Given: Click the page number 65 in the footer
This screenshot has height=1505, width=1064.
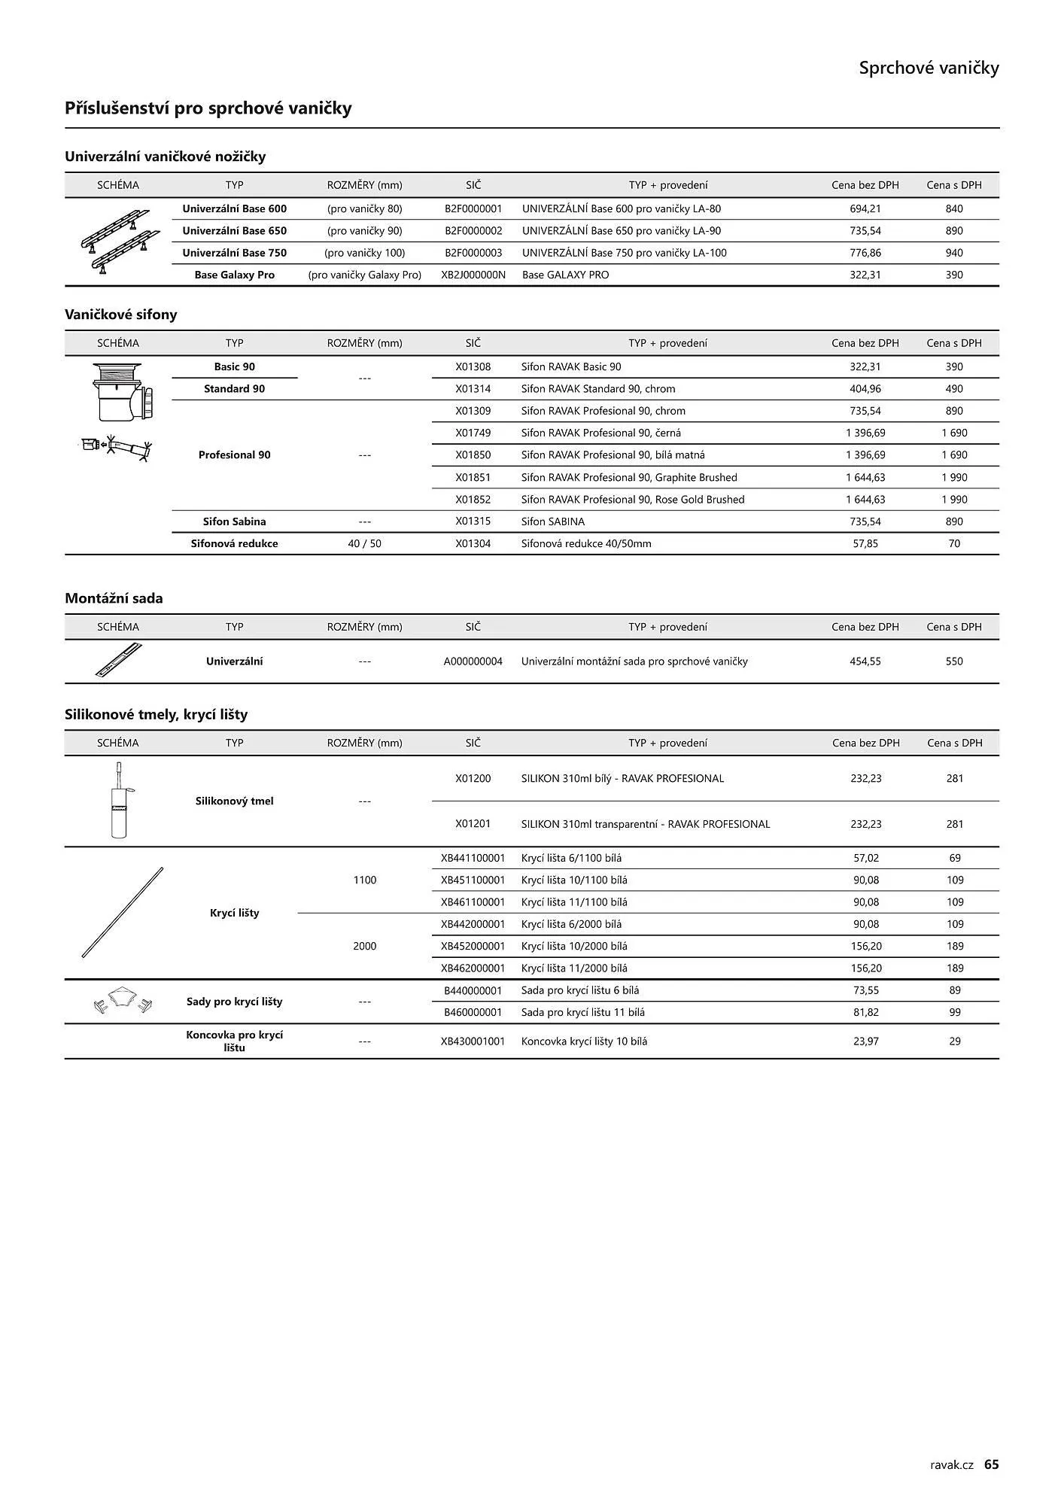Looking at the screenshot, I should point(991,1464).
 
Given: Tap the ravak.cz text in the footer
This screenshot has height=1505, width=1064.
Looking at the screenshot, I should point(952,1464).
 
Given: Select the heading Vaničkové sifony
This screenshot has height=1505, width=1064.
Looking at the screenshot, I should point(120,315).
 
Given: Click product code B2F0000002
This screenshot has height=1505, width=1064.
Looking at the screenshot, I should point(473,231).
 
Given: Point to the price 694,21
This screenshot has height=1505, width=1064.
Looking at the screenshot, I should point(865,208).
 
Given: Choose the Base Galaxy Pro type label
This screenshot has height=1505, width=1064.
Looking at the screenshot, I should point(234,275).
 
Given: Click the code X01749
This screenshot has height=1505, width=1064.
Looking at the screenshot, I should point(473,433).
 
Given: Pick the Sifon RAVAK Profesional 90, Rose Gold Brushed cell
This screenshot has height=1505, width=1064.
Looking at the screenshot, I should point(632,499).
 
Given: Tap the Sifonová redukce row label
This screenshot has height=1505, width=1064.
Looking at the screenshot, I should point(234,543).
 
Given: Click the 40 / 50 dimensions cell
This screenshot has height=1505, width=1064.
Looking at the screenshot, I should point(364,543).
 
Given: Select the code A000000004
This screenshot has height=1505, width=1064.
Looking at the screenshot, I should point(473,661).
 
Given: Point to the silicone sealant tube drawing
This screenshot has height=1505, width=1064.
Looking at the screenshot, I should point(119,800).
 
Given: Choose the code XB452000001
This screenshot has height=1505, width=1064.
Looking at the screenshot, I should point(473,946).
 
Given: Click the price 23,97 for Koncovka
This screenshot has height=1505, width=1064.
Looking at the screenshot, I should point(865,1041).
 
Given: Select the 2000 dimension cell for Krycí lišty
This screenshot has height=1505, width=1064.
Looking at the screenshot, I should point(364,946).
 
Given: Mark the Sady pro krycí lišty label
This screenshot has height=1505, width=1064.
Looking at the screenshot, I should point(234,1002).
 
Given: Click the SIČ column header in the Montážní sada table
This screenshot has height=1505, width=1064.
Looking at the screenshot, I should point(473,627).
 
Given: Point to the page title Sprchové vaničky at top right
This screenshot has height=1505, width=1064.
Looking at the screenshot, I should point(929,68).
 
